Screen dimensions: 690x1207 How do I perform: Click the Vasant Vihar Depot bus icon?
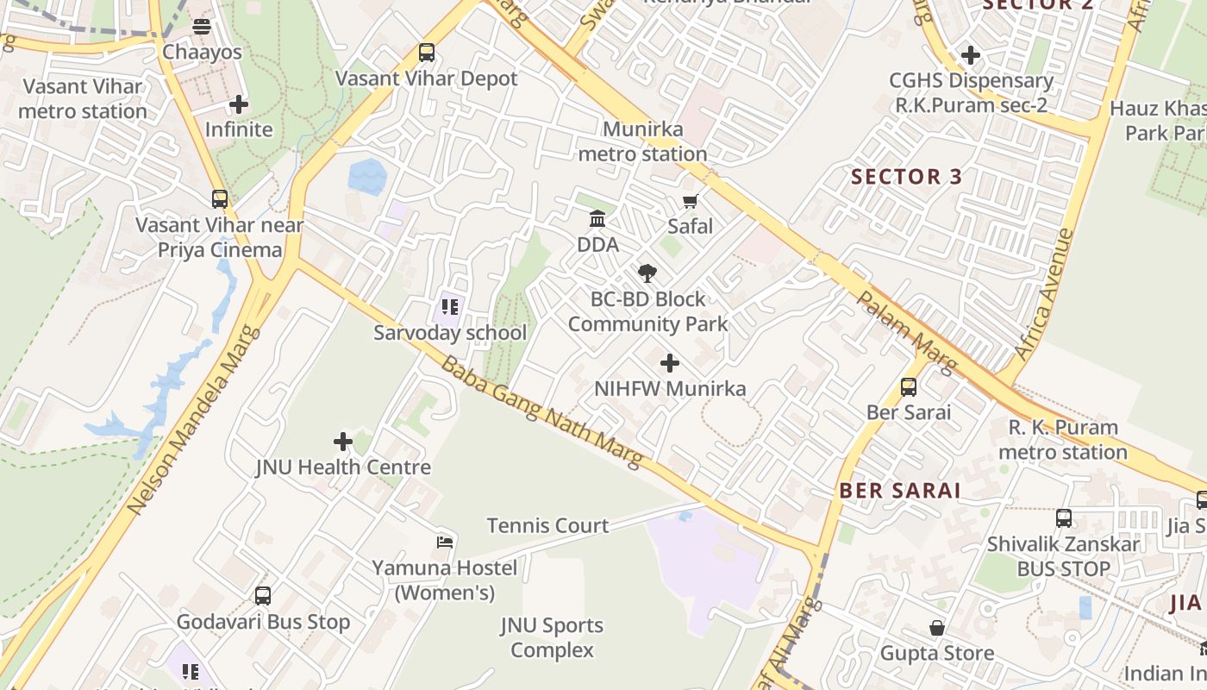click(x=426, y=53)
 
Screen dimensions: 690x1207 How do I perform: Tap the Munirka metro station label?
click(x=642, y=142)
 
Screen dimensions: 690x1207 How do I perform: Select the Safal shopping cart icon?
click(x=690, y=202)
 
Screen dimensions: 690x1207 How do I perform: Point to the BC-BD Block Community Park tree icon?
click(x=647, y=273)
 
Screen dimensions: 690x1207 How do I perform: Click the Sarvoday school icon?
click(x=449, y=306)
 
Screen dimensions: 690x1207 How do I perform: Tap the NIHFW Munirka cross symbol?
click(x=669, y=363)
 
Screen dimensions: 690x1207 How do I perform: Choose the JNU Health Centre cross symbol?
click(x=343, y=442)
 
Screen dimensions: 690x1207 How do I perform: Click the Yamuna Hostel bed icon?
click(x=445, y=543)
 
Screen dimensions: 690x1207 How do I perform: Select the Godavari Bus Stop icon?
click(x=263, y=596)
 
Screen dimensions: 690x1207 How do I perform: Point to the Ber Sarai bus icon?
click(x=909, y=387)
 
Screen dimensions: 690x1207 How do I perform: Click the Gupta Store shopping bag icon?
click(x=937, y=628)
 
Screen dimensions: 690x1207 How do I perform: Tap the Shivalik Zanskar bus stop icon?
click(x=1064, y=518)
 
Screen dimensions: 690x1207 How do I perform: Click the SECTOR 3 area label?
click(x=906, y=177)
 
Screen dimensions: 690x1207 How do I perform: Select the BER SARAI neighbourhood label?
click(x=900, y=491)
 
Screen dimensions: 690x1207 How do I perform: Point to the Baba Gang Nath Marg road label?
click(x=541, y=411)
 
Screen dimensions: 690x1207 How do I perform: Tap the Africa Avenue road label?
click(x=1045, y=294)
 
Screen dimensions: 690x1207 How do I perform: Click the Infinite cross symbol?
click(x=239, y=105)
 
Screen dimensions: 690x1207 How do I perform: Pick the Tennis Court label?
click(x=547, y=525)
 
